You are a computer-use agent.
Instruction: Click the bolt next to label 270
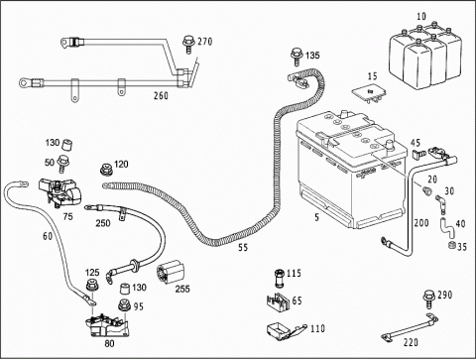click(188, 45)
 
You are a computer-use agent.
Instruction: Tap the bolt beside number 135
click(297, 57)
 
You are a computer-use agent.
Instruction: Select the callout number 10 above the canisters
click(421, 16)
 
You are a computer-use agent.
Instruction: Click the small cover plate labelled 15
click(369, 93)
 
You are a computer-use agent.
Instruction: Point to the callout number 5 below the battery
click(317, 217)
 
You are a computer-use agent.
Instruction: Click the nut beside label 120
click(106, 170)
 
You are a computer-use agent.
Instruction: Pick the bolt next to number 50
click(61, 164)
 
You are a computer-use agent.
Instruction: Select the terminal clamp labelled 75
click(59, 193)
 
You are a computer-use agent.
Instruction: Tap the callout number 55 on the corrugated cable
click(243, 247)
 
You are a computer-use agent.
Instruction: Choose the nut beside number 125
click(91, 286)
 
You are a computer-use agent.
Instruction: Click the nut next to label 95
click(125, 305)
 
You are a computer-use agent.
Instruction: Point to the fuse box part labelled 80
click(107, 326)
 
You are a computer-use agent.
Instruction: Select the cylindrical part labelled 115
click(280, 278)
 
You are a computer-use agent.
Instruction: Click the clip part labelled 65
click(278, 301)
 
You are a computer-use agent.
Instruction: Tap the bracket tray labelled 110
click(286, 331)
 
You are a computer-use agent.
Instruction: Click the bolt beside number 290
click(429, 299)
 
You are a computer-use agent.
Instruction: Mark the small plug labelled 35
click(451, 246)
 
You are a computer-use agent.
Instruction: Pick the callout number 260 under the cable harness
click(161, 95)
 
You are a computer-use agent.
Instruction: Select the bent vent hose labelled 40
click(447, 227)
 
